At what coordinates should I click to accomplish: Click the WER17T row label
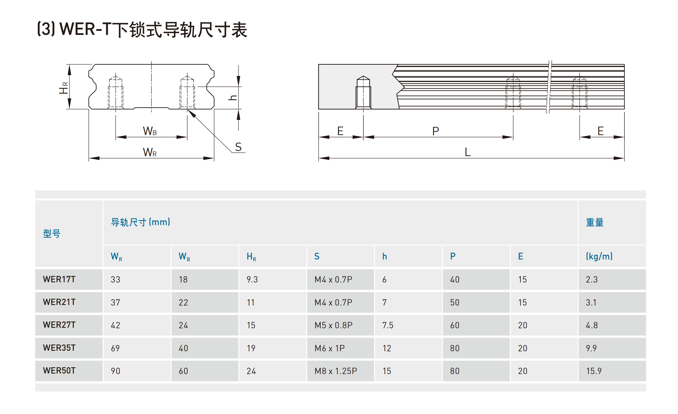[59, 279]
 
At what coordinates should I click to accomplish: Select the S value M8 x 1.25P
[336, 371]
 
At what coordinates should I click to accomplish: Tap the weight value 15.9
[594, 371]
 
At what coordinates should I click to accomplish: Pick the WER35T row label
[59, 348]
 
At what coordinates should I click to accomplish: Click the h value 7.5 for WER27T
[388, 325]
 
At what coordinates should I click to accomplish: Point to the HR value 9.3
[252, 279]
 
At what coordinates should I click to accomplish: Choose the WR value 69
[115, 348]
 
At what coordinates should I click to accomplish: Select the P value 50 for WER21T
[455, 302]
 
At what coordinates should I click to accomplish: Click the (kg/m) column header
[599, 256]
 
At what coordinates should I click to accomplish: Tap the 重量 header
[595, 222]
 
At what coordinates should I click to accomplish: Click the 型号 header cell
[52, 234]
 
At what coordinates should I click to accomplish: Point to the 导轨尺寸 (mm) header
[140, 222]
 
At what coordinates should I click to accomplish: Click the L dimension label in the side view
[467, 152]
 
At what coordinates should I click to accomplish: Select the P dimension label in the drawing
[436, 131]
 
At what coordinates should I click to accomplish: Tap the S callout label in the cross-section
[238, 147]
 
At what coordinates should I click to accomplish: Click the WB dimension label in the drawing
[150, 131]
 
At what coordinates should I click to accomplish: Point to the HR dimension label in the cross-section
[64, 88]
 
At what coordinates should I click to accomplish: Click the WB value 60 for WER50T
[183, 371]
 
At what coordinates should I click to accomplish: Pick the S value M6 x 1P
[329, 348]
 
